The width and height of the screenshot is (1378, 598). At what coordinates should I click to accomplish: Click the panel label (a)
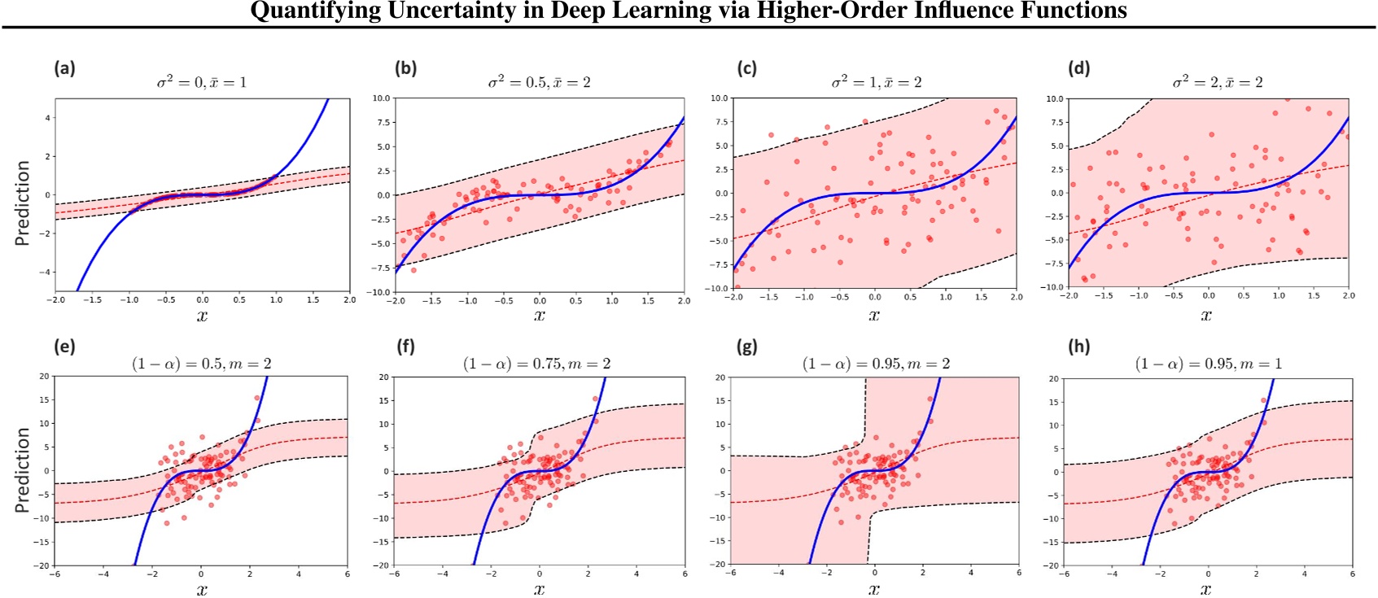(x=64, y=68)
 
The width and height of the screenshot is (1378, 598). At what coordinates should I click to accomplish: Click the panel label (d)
(x=1079, y=68)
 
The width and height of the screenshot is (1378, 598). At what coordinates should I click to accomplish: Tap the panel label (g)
(x=746, y=347)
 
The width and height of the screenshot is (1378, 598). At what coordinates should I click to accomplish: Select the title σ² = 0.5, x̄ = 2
(x=539, y=82)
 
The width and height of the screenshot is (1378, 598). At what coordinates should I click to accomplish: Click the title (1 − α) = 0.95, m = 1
(x=1208, y=364)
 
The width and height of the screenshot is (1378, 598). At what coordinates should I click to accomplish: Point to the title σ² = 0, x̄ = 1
(x=202, y=82)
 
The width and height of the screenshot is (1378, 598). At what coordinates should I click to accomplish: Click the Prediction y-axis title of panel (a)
(x=23, y=203)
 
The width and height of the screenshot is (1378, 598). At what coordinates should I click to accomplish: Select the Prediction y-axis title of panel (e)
(x=23, y=470)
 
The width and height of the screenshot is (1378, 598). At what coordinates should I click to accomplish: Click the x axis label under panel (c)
(x=874, y=316)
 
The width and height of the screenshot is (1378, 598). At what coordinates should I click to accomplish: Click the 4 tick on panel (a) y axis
(x=47, y=118)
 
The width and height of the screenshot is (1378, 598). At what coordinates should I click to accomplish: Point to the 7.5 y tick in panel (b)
(x=382, y=122)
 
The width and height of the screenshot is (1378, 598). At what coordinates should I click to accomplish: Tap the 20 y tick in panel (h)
(x=1054, y=379)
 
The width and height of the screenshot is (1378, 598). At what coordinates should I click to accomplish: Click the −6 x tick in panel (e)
(x=55, y=574)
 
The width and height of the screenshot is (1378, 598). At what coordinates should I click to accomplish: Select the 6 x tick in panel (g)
(x=1018, y=573)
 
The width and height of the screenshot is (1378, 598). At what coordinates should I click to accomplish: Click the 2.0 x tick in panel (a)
(x=349, y=300)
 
